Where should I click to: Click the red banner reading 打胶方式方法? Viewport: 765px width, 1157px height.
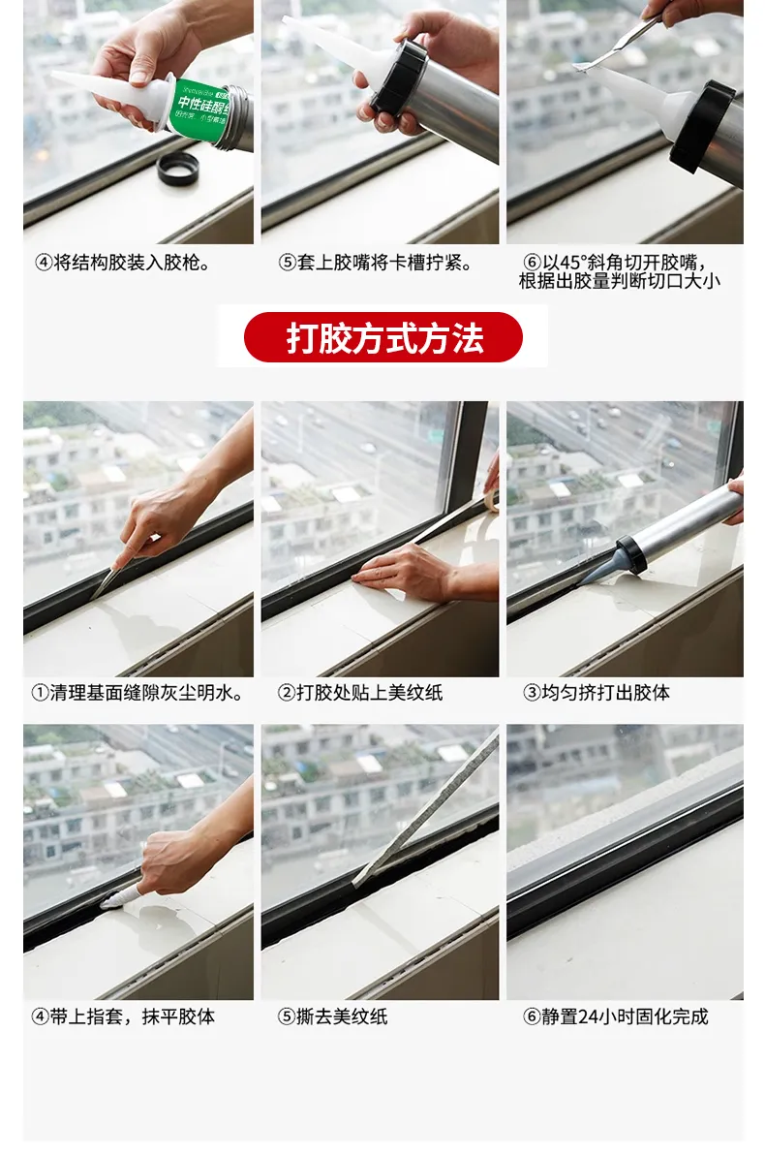coord(382,337)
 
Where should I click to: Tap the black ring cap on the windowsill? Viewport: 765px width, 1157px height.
coord(176,171)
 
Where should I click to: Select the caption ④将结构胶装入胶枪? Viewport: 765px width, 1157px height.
coord(122,263)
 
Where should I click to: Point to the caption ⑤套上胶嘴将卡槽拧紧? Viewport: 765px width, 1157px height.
coord(376,263)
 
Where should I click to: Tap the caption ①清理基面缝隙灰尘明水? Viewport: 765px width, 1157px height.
coord(138,693)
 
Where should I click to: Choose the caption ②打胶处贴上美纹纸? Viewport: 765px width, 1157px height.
coord(360,693)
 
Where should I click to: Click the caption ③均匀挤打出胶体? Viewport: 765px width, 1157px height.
coord(597,693)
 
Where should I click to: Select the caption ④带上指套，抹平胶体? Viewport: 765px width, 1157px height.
coord(123,1016)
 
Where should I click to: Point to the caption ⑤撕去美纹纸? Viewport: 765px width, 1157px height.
coord(333,1016)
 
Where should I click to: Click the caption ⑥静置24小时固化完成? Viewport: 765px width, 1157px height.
coord(615,1016)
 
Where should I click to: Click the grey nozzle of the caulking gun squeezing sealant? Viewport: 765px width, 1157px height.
coord(603,568)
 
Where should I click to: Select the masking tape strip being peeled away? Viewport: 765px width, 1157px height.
coord(426,809)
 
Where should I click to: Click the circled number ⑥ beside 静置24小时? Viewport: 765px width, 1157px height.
coord(532,1016)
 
